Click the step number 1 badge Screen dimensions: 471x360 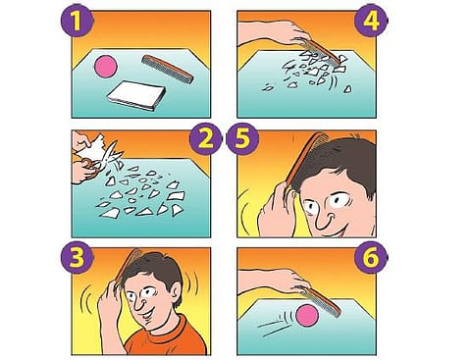tap(77, 21)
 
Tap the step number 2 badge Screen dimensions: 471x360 tap(206, 139)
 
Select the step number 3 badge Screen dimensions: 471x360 tap(77, 258)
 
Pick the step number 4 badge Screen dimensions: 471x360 tap(371, 21)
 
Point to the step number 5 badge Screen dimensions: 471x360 tap(242, 139)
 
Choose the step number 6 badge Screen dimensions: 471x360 tap(371, 258)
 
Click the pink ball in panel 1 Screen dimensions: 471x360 tap(106, 67)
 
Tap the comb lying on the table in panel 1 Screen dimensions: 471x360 tap(168, 69)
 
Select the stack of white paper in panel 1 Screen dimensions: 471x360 tap(136, 96)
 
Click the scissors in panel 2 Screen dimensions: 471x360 tap(103, 159)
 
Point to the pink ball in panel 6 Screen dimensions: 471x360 tap(307, 315)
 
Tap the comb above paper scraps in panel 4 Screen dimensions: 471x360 tap(317, 51)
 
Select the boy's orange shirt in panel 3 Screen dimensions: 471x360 tap(165, 338)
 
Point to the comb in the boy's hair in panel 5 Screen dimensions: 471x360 tap(302, 160)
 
